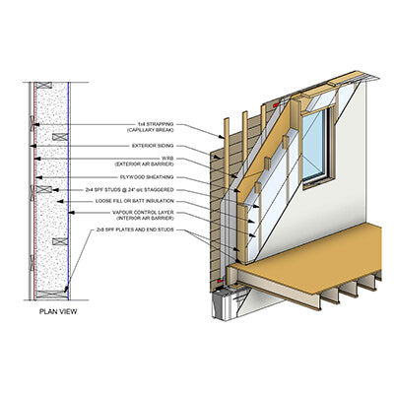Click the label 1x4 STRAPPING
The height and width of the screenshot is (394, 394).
point(156,124)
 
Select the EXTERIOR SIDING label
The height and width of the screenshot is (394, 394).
point(153,146)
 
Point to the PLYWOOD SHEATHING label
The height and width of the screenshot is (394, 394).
point(147,177)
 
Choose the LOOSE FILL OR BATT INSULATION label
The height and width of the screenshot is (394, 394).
point(135,201)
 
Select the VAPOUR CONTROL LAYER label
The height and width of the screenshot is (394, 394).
point(143,213)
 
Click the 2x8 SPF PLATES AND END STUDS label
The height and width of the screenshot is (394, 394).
point(135,230)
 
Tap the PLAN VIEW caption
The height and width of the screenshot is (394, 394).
point(58,311)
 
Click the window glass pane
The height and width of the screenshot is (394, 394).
point(313,146)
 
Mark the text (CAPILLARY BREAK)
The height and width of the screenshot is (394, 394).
point(151,130)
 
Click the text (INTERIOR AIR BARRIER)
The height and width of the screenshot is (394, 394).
point(145,218)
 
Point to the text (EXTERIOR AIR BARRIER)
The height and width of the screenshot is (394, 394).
point(144,164)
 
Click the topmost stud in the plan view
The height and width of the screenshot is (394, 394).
point(43,86)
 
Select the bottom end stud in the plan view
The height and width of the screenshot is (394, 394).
point(51,295)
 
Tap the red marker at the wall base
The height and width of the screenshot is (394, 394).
point(220,281)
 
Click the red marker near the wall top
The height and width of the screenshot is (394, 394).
point(276,104)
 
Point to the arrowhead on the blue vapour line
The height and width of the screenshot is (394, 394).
point(72,213)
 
